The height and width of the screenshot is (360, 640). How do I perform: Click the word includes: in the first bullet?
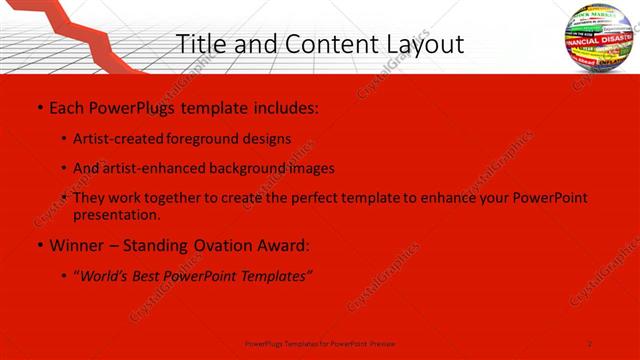pos(284,106)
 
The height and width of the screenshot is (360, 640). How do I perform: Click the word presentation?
pos(116,214)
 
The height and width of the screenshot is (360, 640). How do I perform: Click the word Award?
pos(283,245)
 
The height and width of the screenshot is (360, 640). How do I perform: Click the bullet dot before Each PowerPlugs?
pos(39,106)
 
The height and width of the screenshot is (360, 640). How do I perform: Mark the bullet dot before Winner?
pos(39,245)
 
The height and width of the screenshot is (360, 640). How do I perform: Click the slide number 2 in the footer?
pos(590,343)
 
